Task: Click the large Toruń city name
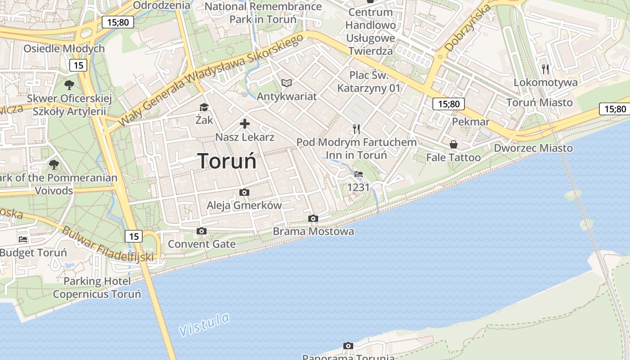pos(227,161)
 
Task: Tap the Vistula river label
pos(204,324)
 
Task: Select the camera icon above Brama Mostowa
pos(313,219)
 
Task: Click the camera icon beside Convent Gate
pos(202,231)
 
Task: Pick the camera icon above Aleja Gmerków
pos(244,193)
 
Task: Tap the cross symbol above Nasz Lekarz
pos(245,124)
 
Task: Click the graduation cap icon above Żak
pos(204,107)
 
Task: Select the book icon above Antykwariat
pos(287,83)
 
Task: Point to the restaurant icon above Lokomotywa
pos(545,69)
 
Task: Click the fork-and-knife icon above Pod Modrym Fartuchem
pos(356,129)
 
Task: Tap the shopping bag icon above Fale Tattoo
pos(454,144)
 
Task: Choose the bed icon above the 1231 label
pos(359,174)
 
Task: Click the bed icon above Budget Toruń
pos(23,239)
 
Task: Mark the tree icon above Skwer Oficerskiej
pos(69,85)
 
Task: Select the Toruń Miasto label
pos(539,102)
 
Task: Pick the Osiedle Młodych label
pos(64,49)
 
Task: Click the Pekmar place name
pos(471,121)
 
